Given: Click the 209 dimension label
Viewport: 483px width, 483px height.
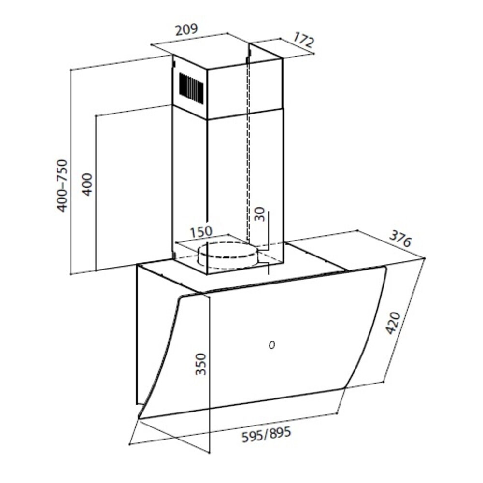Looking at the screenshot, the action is [x=186, y=30].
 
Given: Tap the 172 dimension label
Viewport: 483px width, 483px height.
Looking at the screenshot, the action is [x=303, y=40].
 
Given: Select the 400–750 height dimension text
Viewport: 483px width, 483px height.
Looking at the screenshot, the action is [x=62, y=185].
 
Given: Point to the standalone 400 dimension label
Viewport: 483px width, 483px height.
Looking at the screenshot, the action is [x=87, y=184].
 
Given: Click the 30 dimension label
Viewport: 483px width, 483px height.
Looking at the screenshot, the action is [x=259, y=214].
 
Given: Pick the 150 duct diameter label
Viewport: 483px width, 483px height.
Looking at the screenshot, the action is [x=201, y=232].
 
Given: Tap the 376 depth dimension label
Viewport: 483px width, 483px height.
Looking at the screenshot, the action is [x=400, y=239].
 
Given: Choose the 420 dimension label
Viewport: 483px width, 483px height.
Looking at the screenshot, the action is [x=393, y=323].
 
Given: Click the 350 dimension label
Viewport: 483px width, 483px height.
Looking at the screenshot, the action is [x=200, y=364].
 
